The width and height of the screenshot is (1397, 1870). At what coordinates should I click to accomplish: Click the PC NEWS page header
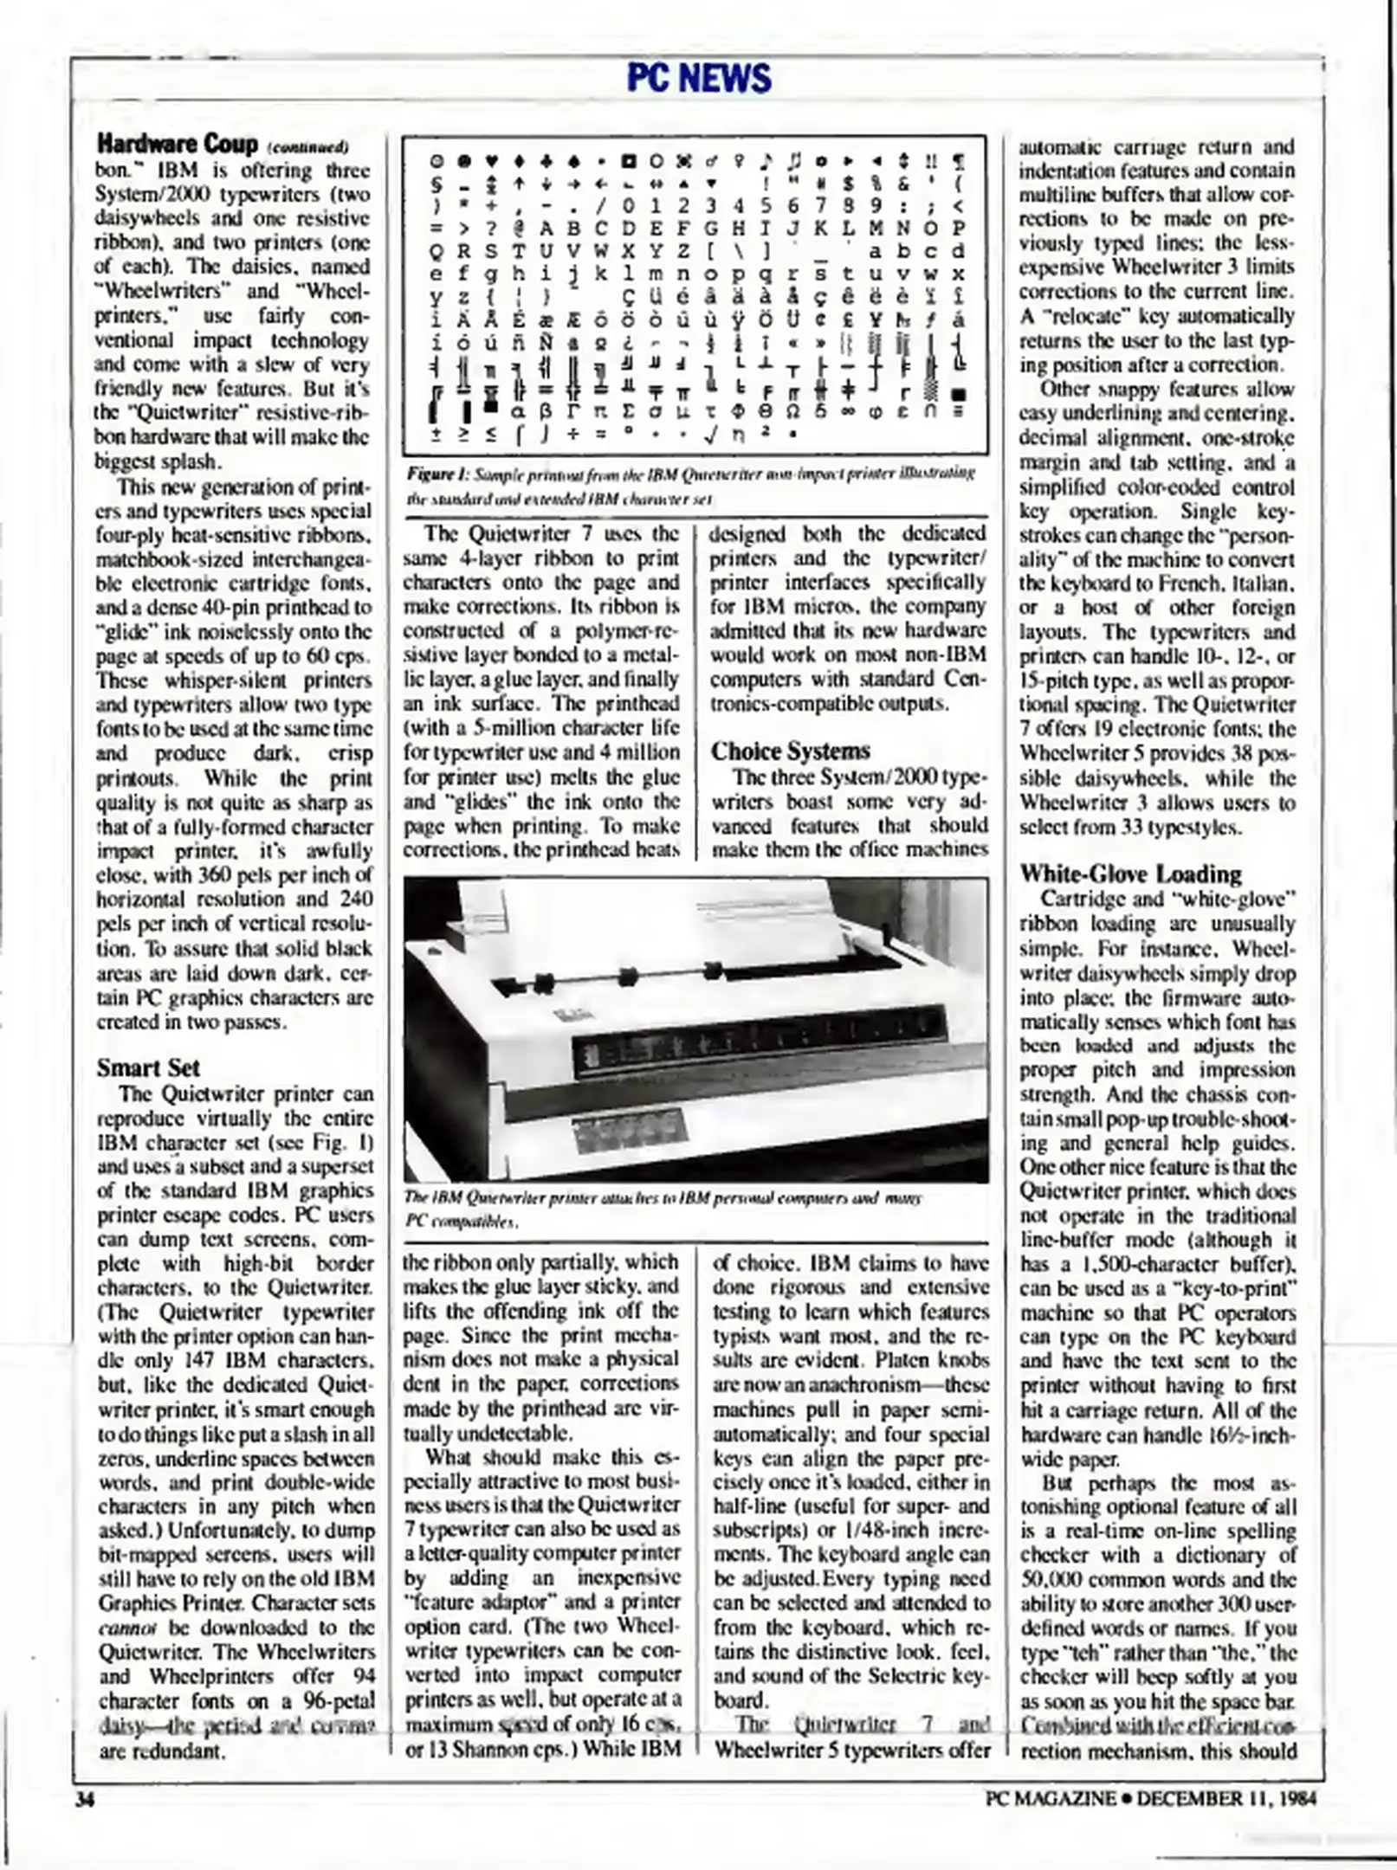coord(698,79)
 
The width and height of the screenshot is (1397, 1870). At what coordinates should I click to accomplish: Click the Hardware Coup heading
coord(177,143)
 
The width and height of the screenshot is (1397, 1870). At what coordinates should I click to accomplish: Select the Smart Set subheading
coord(147,1067)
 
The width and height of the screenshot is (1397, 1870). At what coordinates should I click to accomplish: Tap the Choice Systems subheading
coord(790,751)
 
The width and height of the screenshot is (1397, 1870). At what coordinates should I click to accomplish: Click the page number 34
coord(85,1798)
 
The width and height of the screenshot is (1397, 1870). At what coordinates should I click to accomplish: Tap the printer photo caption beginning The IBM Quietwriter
coord(663,1209)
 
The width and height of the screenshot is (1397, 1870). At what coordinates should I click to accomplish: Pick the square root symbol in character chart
coord(710,432)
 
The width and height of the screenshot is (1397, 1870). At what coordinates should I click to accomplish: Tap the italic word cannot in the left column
coord(126,1627)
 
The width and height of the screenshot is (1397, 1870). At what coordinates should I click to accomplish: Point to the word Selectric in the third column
coord(909,1675)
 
